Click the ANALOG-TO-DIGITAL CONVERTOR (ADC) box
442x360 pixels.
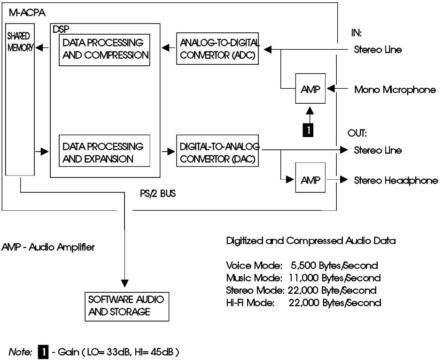218,49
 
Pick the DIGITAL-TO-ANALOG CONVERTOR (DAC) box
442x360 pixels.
218,153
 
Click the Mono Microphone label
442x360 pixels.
395,89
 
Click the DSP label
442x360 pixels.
59,29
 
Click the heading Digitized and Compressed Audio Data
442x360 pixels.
310,241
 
